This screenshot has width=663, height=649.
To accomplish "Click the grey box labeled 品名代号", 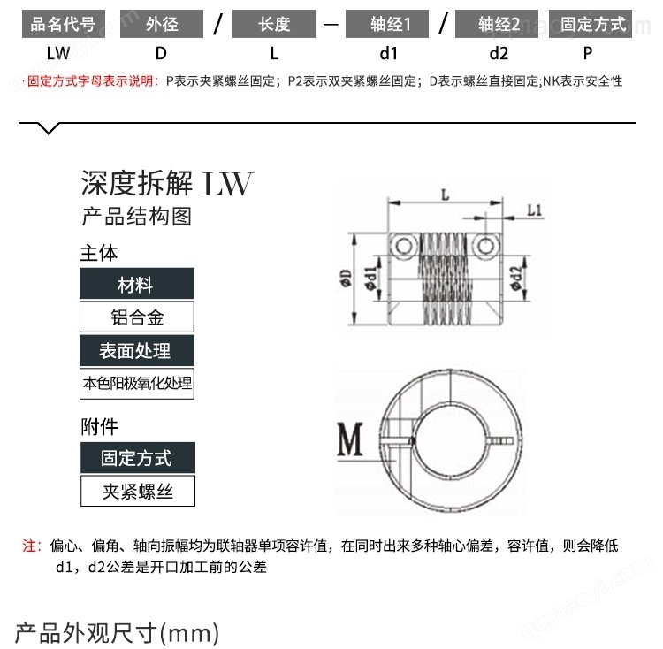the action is coord(64,24).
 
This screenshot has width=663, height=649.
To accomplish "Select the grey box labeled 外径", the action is coord(162,24).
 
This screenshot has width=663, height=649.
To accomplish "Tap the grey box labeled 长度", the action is coord(274,24).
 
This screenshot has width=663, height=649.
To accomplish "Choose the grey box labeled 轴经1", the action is coord(387,24).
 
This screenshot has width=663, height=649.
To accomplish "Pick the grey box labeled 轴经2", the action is coord(497,24).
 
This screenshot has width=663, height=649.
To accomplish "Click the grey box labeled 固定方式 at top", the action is coord(591,24).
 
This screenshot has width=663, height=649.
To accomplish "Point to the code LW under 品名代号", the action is coord(58,54).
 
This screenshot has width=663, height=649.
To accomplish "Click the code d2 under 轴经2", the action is coord(499,54).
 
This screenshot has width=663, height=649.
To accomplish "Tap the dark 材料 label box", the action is coord(137,284).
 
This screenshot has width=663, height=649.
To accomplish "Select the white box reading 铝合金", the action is coord(137,317).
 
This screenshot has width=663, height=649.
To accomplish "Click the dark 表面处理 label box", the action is coord(137,350).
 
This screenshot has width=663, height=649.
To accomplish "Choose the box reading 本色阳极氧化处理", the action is coord(137,384).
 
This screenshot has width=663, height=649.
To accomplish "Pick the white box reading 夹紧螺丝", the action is coord(138,491).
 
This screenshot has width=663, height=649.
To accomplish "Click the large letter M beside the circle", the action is coord(350,439).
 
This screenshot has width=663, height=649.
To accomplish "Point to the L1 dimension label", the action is coord(535,210).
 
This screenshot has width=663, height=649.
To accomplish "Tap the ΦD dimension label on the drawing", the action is coord(346,279).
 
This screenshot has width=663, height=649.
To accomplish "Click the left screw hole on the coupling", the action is coord(404,246).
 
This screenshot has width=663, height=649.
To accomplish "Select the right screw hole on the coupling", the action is coord(485,246).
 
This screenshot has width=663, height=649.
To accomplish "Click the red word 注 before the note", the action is coord(30,546).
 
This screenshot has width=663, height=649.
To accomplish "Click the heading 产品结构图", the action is coord(136,217).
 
